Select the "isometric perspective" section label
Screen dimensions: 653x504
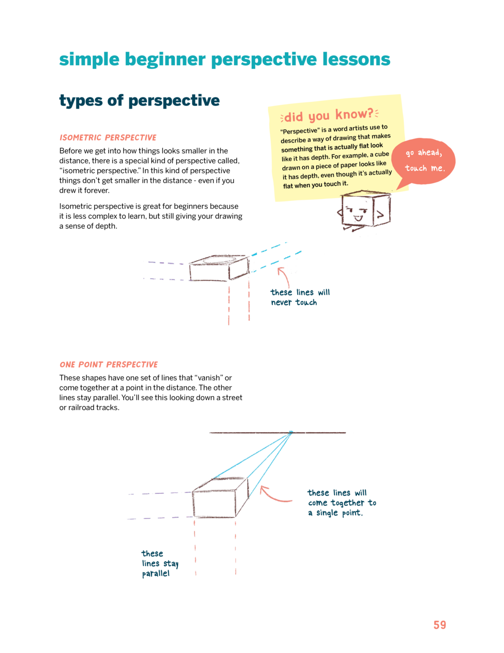[108, 138]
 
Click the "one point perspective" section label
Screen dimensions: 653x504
[108, 364]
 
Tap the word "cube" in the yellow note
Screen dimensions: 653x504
[382, 154]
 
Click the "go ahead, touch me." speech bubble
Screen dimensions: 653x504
[424, 161]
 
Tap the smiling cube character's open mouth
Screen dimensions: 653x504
[358, 219]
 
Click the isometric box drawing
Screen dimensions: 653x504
[219, 268]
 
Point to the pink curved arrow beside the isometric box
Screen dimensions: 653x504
[284, 276]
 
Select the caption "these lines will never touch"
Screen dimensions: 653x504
[299, 297]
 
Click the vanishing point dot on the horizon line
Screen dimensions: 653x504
[291, 432]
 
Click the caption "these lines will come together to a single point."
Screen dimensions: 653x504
[341, 503]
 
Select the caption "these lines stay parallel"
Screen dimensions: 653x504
[159, 563]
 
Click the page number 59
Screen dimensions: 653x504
[439, 625]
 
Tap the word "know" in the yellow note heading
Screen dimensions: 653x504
[351, 114]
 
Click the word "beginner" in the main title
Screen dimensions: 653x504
[165, 60]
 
